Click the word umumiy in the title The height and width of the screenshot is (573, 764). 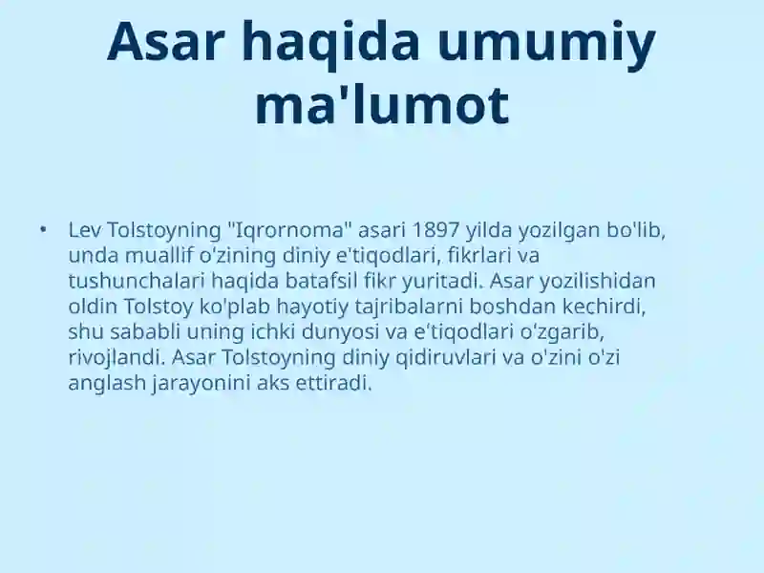546,45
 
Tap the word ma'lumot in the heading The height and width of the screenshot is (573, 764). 383,105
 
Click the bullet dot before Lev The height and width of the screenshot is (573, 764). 43,229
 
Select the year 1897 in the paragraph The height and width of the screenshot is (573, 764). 436,230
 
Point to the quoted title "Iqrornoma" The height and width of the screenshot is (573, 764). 290,230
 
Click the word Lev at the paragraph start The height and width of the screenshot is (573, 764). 84,230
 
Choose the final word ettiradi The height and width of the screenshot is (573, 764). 333,384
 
